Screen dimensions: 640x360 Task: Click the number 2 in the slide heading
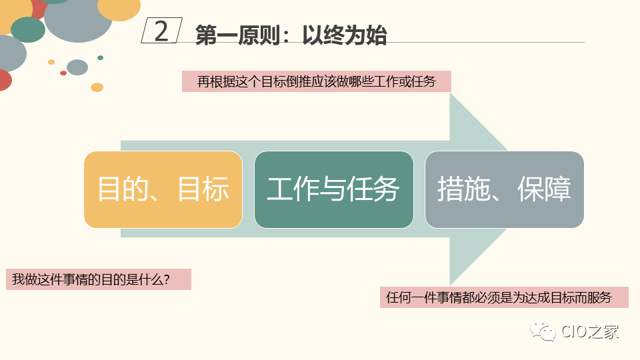coord(161,31)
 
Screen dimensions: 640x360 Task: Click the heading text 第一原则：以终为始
coord(291,35)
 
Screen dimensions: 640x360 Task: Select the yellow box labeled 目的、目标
coord(163,189)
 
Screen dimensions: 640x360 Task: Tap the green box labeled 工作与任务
coord(333,189)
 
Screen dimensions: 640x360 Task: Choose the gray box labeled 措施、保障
coord(504,189)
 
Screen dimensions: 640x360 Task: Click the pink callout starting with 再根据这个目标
coord(317,81)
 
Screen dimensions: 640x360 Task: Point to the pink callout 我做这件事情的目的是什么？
coord(99,279)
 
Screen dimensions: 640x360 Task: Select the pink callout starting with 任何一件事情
coord(504,297)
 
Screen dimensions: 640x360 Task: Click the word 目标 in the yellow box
coord(204,189)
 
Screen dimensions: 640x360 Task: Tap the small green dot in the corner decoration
coord(100,58)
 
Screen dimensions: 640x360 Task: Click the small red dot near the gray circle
coord(63,73)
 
